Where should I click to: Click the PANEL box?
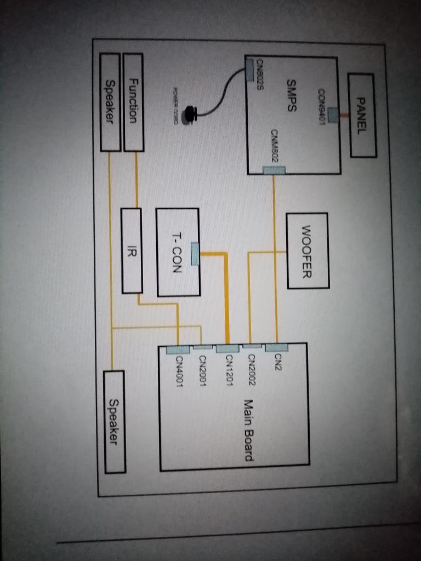362,115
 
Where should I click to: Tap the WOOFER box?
308,250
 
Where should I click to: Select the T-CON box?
178,252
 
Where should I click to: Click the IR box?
132,250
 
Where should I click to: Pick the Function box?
133,102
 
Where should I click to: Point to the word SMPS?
292,96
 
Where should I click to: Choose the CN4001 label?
179,372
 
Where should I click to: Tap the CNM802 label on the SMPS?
275,145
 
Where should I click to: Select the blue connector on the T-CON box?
195,254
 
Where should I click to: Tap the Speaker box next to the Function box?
110,102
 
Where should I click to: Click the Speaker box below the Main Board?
113,421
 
